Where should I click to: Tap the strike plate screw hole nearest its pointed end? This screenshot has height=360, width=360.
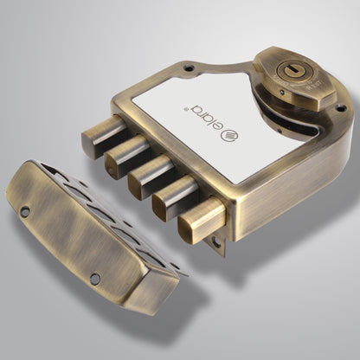(25, 211)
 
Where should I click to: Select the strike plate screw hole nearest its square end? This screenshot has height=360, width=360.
(94, 278)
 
